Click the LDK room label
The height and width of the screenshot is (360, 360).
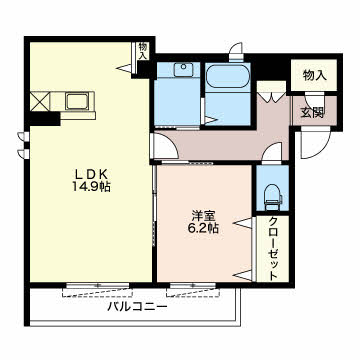coord(91,174)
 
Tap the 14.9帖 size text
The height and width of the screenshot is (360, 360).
coord(92,187)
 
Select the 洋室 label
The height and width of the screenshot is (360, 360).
coord(203,216)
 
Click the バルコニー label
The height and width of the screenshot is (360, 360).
coord(137,306)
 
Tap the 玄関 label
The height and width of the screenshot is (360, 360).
coord(313,113)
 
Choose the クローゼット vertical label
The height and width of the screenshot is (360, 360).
coord(273,249)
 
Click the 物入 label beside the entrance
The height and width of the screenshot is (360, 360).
coord(314,76)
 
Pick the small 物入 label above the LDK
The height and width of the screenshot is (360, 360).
coord(143,51)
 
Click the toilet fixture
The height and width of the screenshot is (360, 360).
coord(273,197)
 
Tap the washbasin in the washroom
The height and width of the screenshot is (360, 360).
coord(184,70)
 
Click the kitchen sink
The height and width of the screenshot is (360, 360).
coord(77,101)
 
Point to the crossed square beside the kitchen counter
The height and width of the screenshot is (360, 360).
coord(40,101)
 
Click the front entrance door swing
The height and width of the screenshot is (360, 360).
coord(315,143)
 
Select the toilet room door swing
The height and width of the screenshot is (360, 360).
coord(272,153)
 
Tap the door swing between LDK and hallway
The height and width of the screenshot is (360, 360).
coord(164,146)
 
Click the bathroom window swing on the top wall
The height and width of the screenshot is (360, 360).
coord(236,51)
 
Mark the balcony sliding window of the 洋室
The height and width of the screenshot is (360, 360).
coord(193,285)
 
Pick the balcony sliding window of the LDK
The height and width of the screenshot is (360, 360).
coord(98,285)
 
